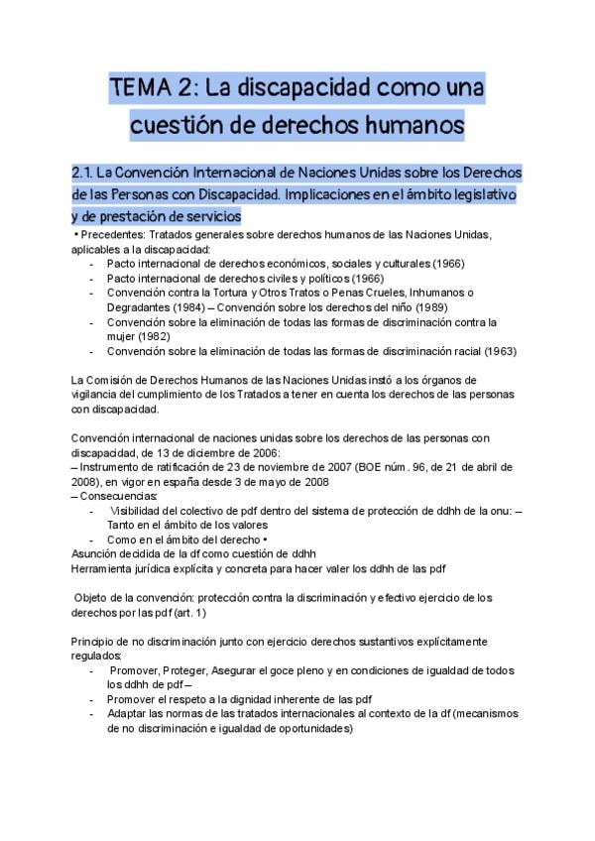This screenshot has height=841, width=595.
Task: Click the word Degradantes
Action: tap(141, 306)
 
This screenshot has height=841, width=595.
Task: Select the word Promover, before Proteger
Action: tap(141, 670)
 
